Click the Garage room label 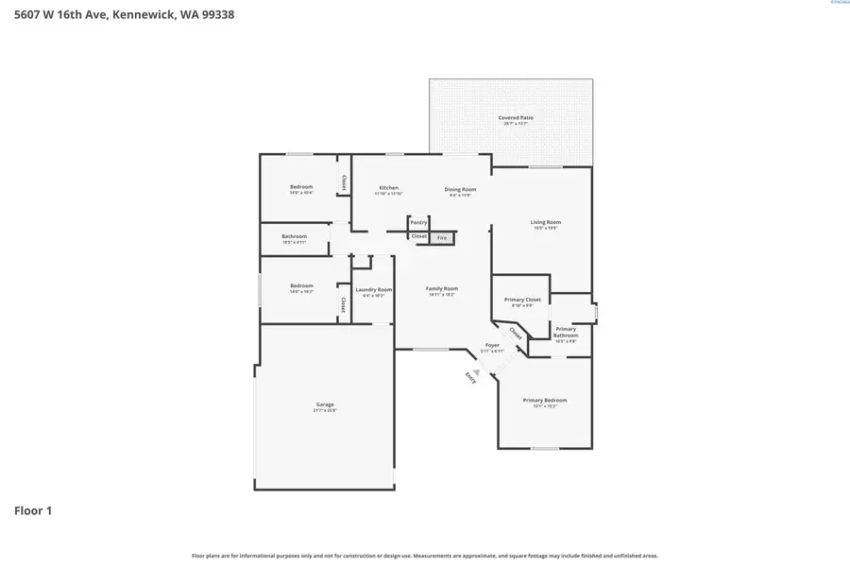(x=324, y=404)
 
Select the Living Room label (x=545, y=222)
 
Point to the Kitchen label (x=388, y=188)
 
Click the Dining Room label (x=460, y=189)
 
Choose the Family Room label (x=441, y=288)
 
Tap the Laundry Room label (x=373, y=289)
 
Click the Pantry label (x=418, y=222)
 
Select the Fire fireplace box (x=441, y=238)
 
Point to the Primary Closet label (x=521, y=300)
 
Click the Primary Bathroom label (x=565, y=332)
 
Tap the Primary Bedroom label (x=545, y=400)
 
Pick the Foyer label (x=492, y=346)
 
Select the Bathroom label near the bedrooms (x=294, y=236)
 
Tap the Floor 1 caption (x=33, y=510)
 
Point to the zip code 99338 (x=213, y=14)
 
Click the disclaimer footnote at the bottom (x=424, y=556)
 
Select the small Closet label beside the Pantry (x=418, y=236)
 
